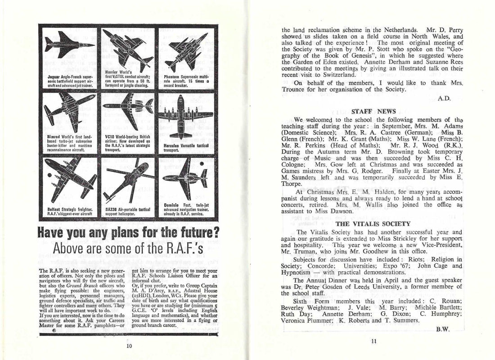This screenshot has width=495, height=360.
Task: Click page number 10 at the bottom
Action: click(x=129, y=346)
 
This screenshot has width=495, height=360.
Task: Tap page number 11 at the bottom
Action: click(x=373, y=341)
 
